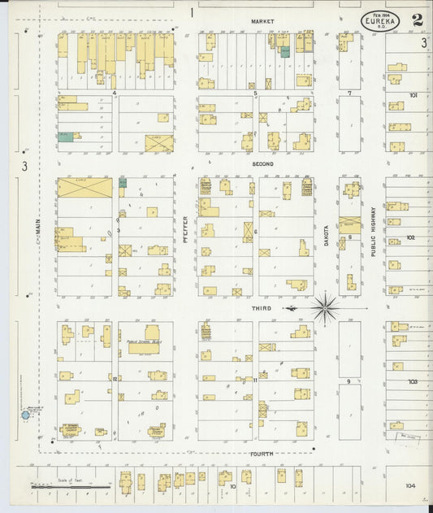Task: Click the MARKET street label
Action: click(262, 20)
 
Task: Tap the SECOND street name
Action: click(262, 163)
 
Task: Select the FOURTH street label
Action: click(262, 454)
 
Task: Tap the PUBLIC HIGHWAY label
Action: click(374, 231)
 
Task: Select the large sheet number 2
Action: click(416, 20)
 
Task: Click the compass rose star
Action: click(324, 308)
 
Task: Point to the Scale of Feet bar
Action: click(69, 486)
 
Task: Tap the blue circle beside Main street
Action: click(25, 415)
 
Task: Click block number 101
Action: click(413, 95)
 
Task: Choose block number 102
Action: click(411, 237)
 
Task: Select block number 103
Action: click(413, 380)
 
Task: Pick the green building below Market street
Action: click(285, 51)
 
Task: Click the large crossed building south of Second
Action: click(84, 188)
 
